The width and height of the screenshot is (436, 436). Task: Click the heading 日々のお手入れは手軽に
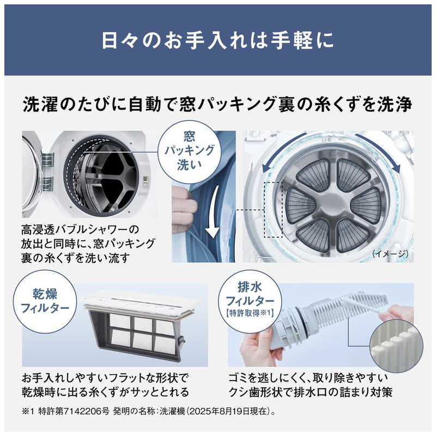coord(217,41)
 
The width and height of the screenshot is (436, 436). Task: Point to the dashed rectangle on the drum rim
coord(274,209)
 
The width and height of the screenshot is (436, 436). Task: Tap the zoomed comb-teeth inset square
coord(391,343)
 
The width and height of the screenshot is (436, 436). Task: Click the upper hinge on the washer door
coord(47,160)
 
